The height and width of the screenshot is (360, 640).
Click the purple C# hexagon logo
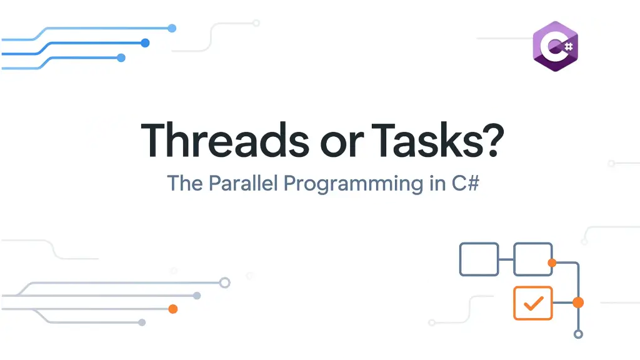(x=555, y=46)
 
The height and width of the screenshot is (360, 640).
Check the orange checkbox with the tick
(x=532, y=303)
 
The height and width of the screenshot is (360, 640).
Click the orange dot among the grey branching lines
(x=173, y=309)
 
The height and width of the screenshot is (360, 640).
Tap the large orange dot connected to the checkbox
(x=578, y=302)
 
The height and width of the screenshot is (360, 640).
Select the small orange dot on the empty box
(x=552, y=263)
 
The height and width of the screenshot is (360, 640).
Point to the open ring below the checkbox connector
(x=578, y=334)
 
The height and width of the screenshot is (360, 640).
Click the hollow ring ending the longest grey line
(x=225, y=282)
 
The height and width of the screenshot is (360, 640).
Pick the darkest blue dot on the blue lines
(x=145, y=43)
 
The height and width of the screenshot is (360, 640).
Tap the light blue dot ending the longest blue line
(x=172, y=28)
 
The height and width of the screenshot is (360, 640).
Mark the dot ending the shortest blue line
(x=121, y=58)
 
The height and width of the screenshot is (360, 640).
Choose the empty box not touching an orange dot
(x=479, y=259)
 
